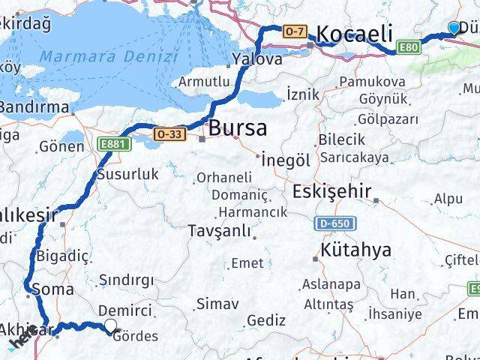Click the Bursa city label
coord(237,128)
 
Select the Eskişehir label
coord(331,190)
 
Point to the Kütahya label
coord(355,250)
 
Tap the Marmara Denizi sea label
coord(109,56)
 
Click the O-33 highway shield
coord(168,133)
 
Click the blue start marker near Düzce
coord(454,28)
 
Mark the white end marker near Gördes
coord(111,325)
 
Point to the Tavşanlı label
coord(220,230)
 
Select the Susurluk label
coord(128,174)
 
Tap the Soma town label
coord(58,289)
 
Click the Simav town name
coord(217,304)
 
